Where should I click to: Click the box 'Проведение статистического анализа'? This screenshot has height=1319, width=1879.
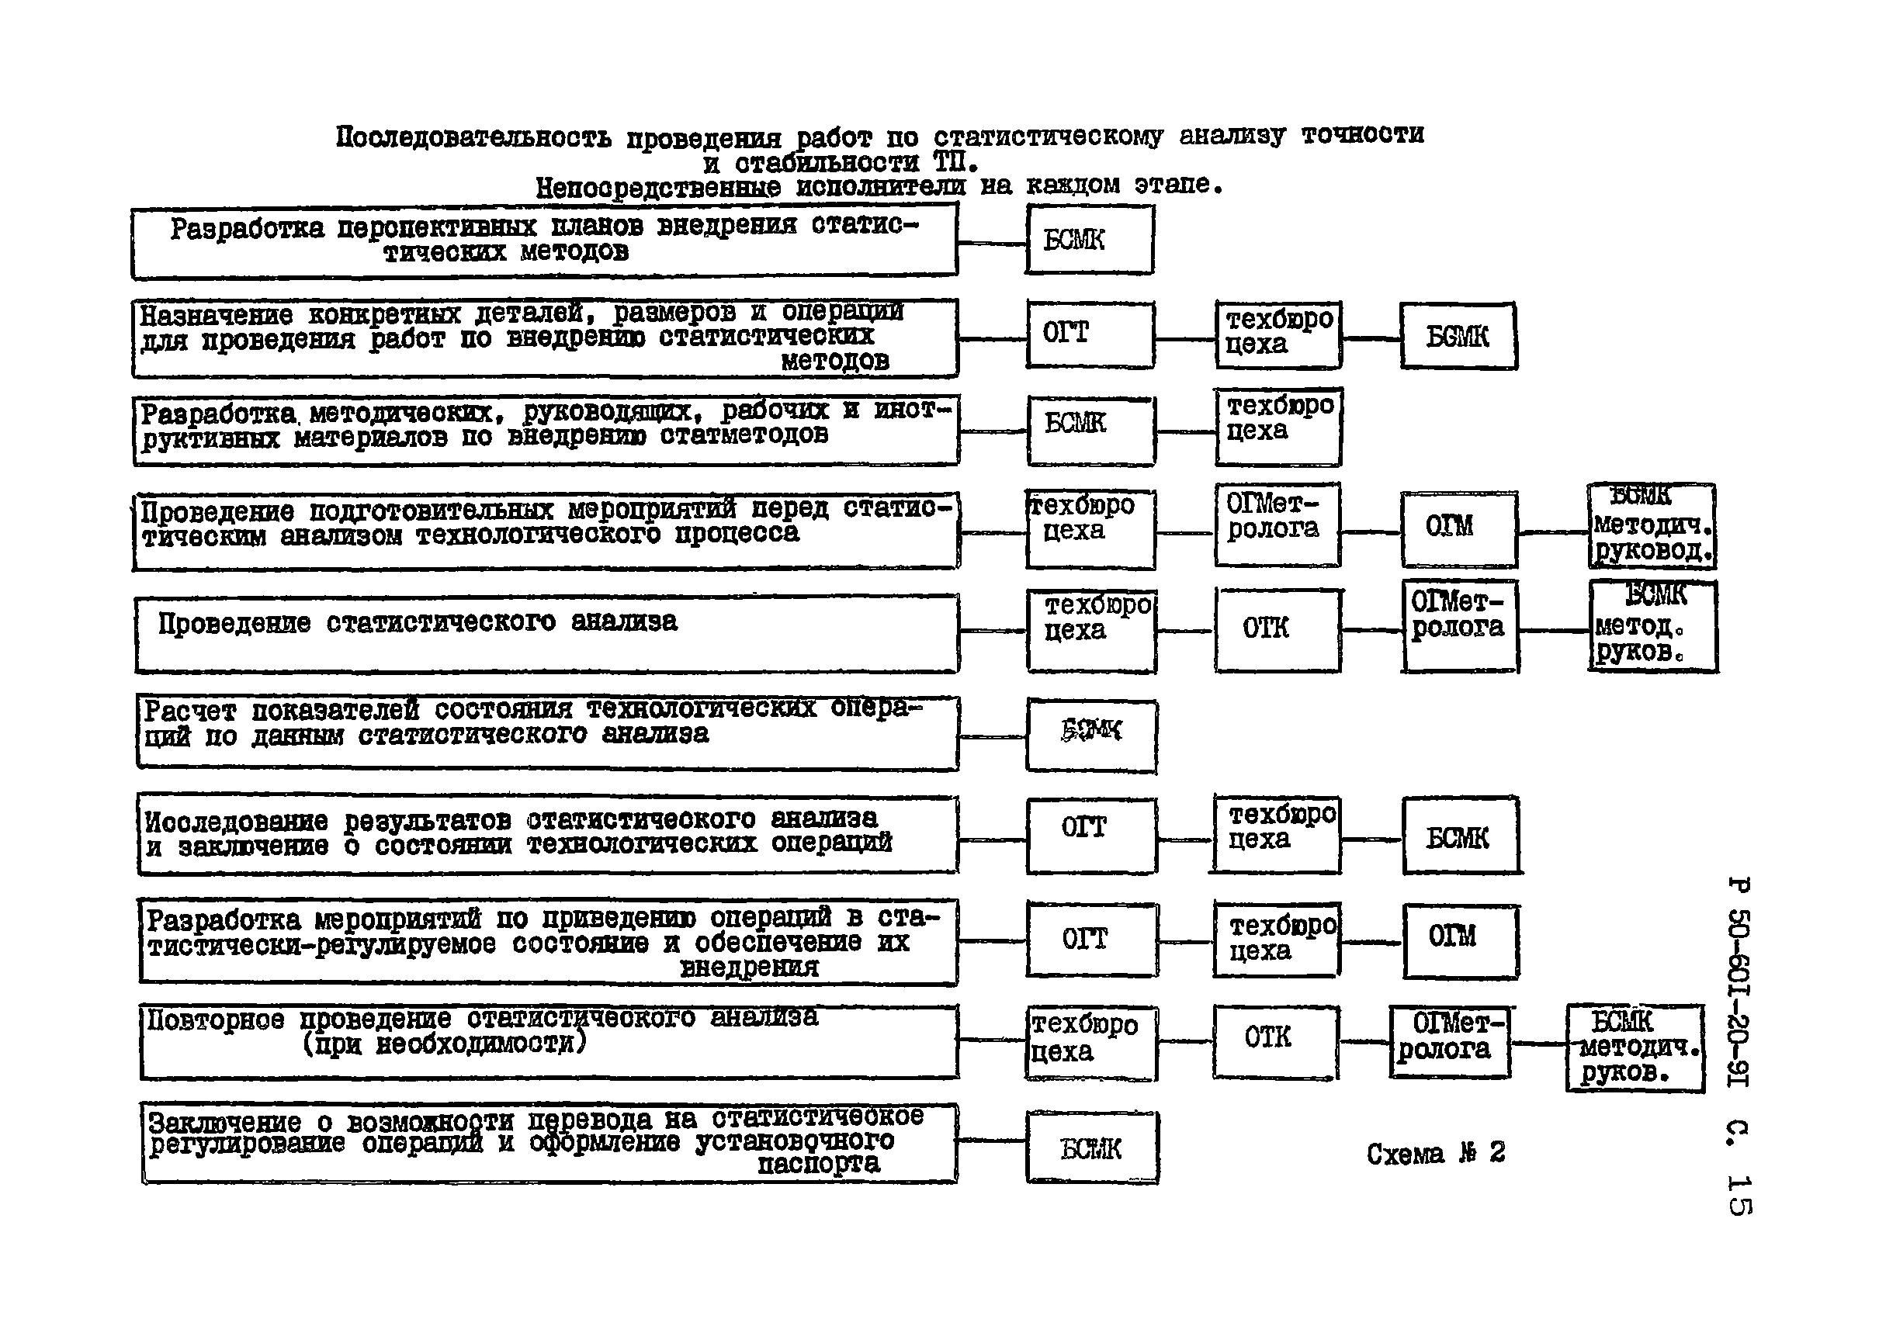click(x=546, y=634)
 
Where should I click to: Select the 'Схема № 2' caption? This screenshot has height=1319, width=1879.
click(x=1435, y=1154)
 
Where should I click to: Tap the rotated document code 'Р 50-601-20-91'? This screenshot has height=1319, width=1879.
click(x=1739, y=982)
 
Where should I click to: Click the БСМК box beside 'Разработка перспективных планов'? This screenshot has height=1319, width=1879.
click(x=1089, y=240)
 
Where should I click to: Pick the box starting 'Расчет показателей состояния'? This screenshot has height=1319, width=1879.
click(x=546, y=732)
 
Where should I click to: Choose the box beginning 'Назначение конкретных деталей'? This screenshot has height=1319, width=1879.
click(x=545, y=338)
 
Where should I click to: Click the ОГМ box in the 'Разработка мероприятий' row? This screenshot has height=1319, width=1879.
click(x=1461, y=941)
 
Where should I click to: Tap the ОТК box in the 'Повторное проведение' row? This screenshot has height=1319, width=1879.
click(x=1275, y=1041)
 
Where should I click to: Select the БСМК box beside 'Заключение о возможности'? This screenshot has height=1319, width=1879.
click(x=1092, y=1148)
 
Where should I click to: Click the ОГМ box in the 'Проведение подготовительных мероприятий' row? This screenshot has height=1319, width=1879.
click(x=1458, y=528)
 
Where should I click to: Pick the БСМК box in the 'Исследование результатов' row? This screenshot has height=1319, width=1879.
click(x=1461, y=836)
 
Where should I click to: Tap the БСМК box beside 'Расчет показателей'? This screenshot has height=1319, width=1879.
click(x=1092, y=736)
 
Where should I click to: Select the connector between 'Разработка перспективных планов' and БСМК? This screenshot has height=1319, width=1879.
click(x=992, y=243)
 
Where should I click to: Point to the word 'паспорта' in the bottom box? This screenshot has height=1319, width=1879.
click(x=818, y=1164)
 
